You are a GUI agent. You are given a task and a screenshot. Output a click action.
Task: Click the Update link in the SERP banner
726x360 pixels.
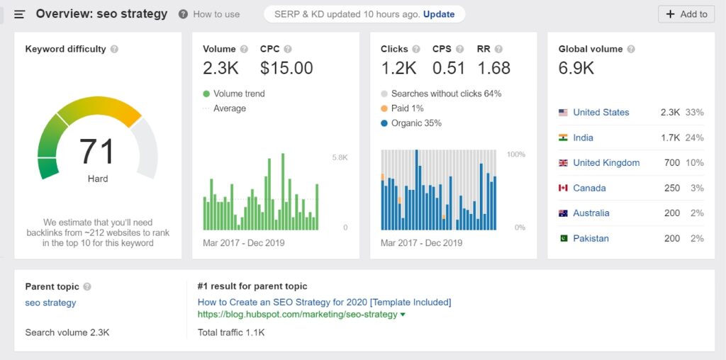[x=439, y=14]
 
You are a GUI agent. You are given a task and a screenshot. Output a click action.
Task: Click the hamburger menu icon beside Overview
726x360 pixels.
[x=20, y=14]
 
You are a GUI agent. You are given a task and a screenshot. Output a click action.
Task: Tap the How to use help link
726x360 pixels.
[x=216, y=14]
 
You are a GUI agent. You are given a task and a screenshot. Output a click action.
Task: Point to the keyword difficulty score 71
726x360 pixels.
[x=97, y=151]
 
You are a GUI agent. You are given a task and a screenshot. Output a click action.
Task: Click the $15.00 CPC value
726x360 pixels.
[x=286, y=68]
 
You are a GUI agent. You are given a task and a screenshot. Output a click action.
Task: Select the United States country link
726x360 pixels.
[x=601, y=112]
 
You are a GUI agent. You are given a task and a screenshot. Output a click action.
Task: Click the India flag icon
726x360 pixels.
[x=564, y=137]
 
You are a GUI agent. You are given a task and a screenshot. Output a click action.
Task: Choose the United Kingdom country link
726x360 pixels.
[x=606, y=162]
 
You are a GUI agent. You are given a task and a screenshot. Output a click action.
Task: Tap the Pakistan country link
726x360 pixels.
[x=591, y=238]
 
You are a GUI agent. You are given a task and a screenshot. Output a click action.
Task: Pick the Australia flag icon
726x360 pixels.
[x=564, y=213]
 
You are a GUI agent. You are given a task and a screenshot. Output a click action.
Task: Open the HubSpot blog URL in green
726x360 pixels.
[x=297, y=314]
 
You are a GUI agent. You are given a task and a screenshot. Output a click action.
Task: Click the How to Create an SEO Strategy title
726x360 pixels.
[x=324, y=302]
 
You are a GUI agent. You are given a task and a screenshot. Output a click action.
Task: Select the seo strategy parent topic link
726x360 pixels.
[x=50, y=303]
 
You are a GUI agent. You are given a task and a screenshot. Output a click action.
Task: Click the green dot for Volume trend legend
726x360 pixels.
[x=206, y=94]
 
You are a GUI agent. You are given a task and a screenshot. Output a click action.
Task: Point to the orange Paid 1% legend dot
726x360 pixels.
[x=384, y=108]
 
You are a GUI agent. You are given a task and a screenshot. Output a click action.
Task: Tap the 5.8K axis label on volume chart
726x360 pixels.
[x=340, y=157]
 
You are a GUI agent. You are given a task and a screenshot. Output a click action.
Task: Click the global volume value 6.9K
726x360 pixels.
[x=576, y=68]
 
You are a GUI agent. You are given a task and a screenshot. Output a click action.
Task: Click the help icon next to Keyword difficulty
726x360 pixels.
[x=114, y=50]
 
